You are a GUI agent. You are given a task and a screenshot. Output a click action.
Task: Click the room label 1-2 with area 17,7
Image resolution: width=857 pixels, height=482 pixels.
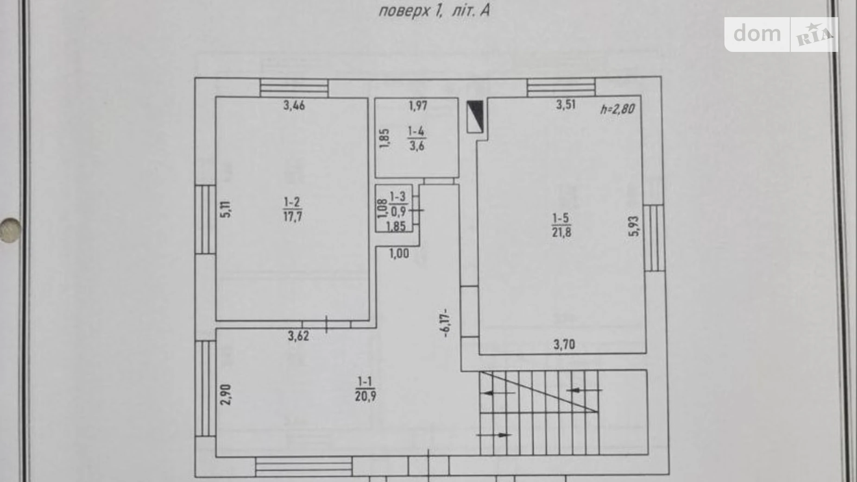(x=292, y=209)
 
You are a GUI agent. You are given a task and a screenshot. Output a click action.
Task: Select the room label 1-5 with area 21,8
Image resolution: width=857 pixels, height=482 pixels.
(x=561, y=225)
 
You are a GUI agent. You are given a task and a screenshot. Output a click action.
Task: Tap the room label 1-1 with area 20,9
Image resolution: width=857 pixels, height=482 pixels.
(x=365, y=389)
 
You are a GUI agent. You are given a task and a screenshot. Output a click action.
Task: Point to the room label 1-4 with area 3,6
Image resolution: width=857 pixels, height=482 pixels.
(x=416, y=139)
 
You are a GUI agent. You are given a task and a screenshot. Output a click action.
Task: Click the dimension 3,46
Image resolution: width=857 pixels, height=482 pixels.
(x=294, y=106)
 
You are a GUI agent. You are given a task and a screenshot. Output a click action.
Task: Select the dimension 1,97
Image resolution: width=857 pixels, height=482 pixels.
(x=418, y=106)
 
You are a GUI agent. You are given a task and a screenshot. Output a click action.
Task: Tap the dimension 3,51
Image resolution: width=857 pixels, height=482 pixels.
(x=566, y=104)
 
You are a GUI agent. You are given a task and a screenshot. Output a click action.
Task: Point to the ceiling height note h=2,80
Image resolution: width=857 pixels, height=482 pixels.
(x=618, y=109)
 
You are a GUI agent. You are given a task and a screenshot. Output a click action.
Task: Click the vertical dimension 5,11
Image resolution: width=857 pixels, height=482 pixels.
(x=226, y=209)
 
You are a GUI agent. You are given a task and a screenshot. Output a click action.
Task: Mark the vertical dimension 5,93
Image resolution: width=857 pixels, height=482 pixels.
(x=634, y=226)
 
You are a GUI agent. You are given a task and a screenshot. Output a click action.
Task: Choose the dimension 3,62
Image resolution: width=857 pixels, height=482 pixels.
(x=298, y=336)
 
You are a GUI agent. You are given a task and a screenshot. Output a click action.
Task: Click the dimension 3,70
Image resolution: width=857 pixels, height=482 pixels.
(x=564, y=344)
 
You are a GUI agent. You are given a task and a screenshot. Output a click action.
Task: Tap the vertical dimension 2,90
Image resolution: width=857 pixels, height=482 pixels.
(x=226, y=394)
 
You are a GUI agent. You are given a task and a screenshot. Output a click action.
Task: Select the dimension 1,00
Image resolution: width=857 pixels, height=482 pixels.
(x=399, y=254)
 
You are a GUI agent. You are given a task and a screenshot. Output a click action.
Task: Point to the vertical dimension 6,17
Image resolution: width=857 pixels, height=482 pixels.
(x=445, y=323)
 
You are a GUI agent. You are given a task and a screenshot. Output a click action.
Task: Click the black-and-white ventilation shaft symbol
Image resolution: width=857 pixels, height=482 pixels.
(x=475, y=116)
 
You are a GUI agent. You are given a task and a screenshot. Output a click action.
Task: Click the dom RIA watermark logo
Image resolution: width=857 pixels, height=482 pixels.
(x=781, y=34)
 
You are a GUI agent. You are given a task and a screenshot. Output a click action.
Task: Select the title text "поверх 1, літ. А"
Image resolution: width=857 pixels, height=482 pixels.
(x=434, y=10)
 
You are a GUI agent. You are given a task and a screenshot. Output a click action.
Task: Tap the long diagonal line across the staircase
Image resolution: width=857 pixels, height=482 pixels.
(x=539, y=391)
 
